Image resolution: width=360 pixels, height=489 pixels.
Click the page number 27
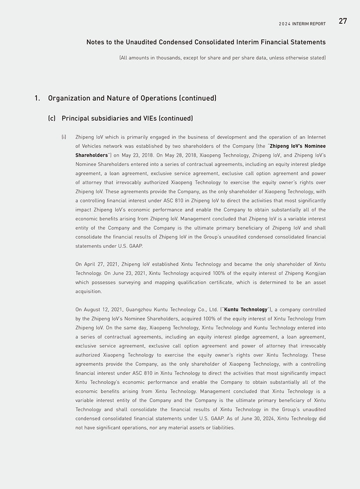342,21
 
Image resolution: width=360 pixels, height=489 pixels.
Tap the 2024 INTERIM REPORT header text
302,24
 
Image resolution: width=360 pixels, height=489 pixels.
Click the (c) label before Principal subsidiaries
52,119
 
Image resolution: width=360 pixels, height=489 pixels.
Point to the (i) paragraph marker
64,137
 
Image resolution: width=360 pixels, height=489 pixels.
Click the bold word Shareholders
92,155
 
